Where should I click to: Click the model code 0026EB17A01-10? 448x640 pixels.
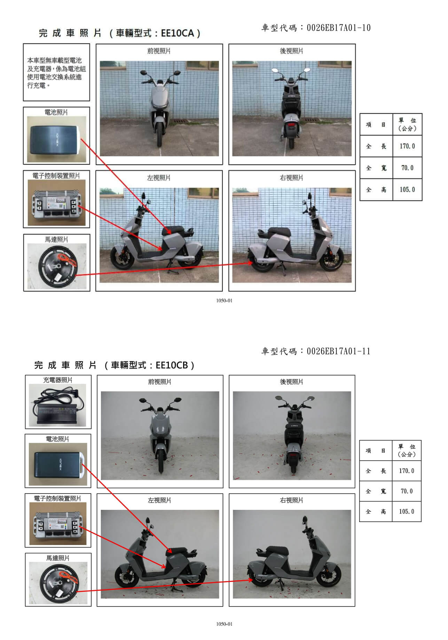[338, 28]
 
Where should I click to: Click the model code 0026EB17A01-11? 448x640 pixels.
[338, 351]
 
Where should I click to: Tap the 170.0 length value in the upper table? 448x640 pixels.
[407, 146]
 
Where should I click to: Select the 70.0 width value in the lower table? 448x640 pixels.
[407, 491]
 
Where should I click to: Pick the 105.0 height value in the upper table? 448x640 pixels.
[407, 189]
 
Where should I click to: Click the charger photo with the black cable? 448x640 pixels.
[57, 405]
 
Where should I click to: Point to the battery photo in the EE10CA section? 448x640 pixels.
[56, 140]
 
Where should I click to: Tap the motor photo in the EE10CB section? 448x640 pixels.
[58, 584]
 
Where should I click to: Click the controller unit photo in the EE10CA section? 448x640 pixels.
[56, 203]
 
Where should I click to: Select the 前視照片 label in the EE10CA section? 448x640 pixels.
[159, 51]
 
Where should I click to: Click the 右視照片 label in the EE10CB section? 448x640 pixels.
[292, 500]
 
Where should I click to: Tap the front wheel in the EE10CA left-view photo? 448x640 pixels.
[121, 258]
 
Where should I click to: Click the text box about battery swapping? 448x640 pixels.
[56, 72]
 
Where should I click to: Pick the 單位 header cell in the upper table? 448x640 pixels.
[407, 124]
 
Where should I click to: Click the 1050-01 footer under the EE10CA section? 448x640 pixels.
[224, 301]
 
